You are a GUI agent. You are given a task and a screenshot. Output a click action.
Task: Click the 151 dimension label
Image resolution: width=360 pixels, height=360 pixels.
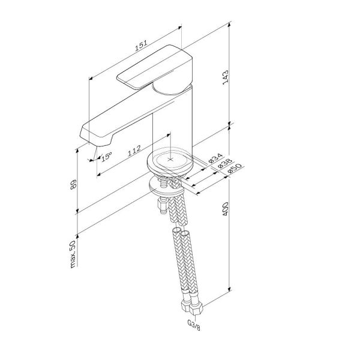click(x=140, y=45)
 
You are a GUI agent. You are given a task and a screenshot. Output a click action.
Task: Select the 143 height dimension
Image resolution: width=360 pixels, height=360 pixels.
click(x=226, y=77)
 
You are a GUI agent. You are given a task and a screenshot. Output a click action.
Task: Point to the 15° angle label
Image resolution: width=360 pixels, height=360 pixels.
click(x=106, y=157)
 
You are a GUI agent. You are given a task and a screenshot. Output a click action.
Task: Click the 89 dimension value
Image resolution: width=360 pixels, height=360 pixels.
click(x=73, y=185)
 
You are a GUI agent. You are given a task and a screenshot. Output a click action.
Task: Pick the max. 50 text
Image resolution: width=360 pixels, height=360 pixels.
click(x=73, y=254)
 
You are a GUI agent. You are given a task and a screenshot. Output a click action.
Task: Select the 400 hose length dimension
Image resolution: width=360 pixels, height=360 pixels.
click(x=226, y=209)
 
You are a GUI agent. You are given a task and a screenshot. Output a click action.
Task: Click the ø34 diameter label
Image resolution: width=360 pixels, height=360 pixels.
click(x=215, y=158)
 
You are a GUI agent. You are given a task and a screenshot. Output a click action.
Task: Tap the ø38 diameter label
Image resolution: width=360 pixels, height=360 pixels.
click(x=225, y=163)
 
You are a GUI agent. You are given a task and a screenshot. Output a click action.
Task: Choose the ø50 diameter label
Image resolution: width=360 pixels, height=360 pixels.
click(x=234, y=169)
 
